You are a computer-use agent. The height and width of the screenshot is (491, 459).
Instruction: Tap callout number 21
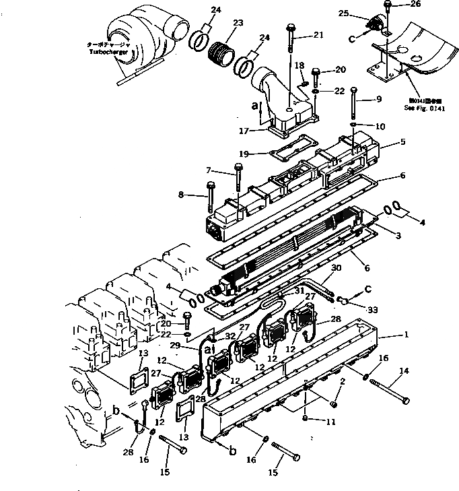(x=318, y=34)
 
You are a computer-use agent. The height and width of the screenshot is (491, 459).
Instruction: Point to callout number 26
(x=415, y=4)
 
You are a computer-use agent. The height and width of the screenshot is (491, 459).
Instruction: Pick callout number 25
(x=362, y=13)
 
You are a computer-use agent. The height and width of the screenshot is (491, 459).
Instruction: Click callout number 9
(x=379, y=99)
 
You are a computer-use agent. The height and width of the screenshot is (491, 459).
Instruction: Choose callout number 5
(x=402, y=142)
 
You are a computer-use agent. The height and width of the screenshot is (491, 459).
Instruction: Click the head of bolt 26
(x=390, y=5)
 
